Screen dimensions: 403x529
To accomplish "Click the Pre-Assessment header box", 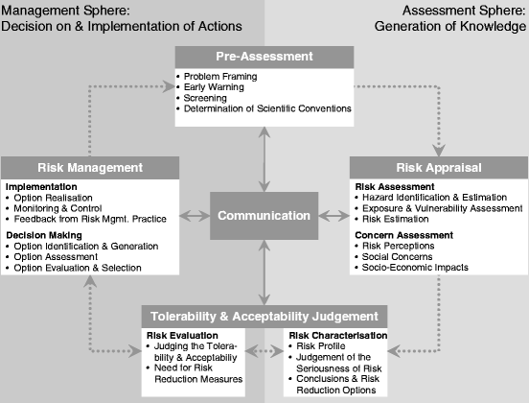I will point(264,56).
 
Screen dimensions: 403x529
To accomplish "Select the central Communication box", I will point(264,215).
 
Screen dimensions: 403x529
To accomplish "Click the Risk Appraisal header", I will point(438,167).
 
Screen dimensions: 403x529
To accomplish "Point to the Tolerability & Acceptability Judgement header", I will point(264,316).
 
